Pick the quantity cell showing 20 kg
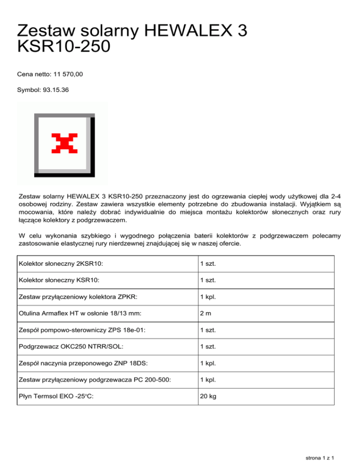[x=208, y=396]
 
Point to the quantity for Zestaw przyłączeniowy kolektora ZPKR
[x=207, y=297]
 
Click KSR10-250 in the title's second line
[x=64, y=47]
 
